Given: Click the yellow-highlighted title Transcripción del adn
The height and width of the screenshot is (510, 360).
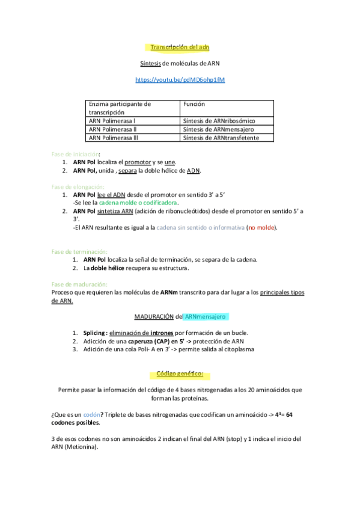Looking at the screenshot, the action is click(x=180, y=47).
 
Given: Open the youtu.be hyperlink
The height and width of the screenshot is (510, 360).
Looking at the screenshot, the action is click(x=180, y=79).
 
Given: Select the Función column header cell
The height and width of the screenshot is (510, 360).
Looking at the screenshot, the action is click(x=194, y=104).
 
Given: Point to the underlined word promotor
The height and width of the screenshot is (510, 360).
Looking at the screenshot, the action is click(x=138, y=162).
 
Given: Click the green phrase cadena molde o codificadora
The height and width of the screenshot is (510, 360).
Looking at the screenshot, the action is click(x=139, y=203).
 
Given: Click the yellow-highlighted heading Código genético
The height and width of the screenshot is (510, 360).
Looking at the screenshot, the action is click(x=180, y=374).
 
